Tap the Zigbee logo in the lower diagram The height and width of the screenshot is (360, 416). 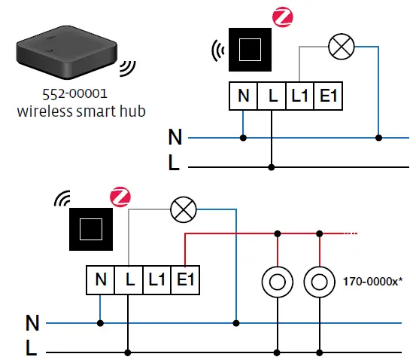click(119, 197)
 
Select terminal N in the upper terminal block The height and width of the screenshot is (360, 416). click(243, 97)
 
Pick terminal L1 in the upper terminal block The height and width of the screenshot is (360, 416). click(299, 97)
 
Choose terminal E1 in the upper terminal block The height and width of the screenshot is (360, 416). click(327, 97)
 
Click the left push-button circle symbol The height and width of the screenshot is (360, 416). click(278, 283)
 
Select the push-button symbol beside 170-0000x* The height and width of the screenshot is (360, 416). click(320, 283)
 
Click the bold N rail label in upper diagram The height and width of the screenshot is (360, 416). click(175, 138)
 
